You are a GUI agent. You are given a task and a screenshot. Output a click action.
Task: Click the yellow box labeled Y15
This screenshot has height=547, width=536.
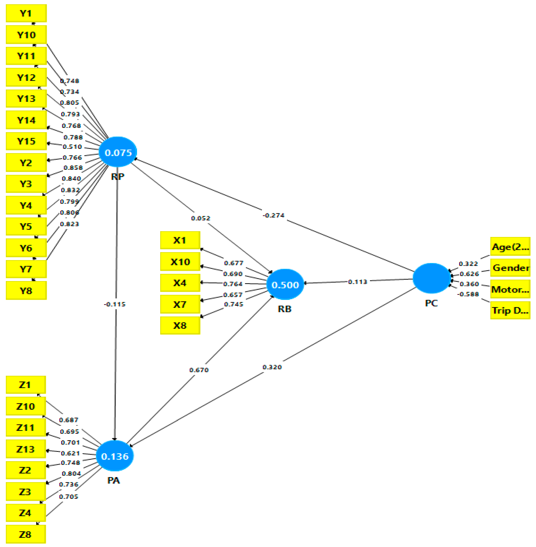click(x=26, y=141)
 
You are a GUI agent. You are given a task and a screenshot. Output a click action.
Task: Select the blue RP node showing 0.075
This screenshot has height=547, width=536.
click(x=118, y=152)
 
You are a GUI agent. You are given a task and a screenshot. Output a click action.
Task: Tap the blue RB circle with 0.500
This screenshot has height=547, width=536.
click(x=285, y=284)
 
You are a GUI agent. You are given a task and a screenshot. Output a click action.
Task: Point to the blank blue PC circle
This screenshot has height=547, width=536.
click(x=431, y=278)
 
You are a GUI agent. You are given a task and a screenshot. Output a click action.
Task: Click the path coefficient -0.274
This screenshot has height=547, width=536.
click(x=273, y=215)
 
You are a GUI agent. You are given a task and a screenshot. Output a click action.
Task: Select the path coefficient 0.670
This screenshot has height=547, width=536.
click(x=199, y=370)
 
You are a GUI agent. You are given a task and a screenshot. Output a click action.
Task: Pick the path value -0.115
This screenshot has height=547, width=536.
click(x=115, y=304)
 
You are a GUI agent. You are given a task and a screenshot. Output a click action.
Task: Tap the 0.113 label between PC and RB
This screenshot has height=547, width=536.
click(x=357, y=282)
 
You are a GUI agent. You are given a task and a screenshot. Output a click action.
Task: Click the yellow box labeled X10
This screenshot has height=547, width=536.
click(x=180, y=262)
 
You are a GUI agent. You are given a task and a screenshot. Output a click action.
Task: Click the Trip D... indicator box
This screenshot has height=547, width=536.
click(x=510, y=310)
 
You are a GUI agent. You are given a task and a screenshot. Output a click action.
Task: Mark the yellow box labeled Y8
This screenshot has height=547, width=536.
click(x=26, y=290)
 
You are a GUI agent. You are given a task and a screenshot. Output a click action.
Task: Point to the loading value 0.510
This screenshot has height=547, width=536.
click(x=72, y=147)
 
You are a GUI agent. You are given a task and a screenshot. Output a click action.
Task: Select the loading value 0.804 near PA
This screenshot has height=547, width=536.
click(x=71, y=473)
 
